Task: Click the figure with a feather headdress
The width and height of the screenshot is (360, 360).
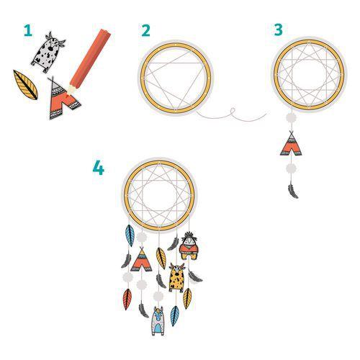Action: pos(189,247)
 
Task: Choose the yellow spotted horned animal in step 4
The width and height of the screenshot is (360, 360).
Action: pos(177,276)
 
